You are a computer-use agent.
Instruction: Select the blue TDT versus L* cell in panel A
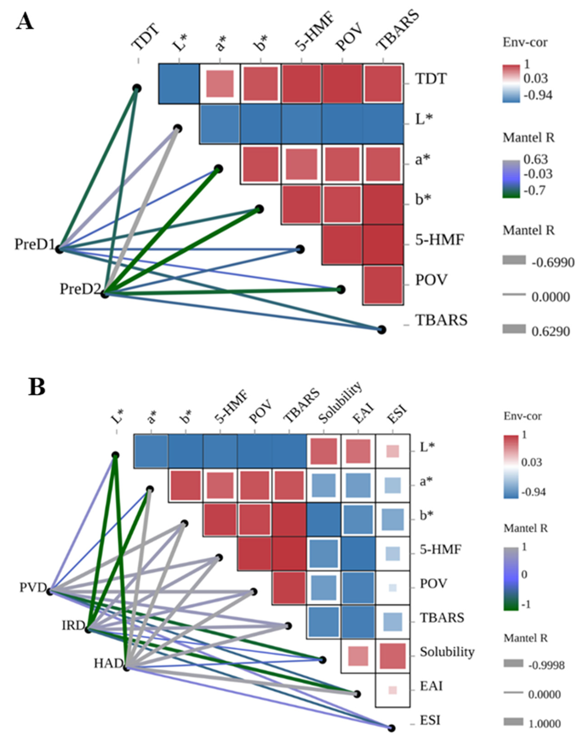[x=179, y=84]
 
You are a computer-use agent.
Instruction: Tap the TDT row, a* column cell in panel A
[x=220, y=84]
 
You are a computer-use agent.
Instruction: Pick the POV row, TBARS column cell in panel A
[x=383, y=285]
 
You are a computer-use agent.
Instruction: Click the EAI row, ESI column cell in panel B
[x=393, y=690]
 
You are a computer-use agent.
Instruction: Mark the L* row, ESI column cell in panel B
[x=393, y=451]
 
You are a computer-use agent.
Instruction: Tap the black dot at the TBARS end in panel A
[x=382, y=330]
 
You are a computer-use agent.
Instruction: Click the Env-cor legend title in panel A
[x=525, y=42]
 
